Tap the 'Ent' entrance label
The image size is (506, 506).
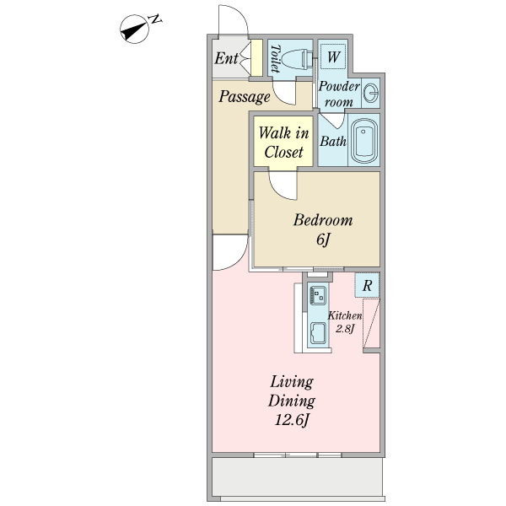coord(226,58)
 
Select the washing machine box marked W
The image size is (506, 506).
coord(333,57)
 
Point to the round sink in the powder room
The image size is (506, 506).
coord(371,93)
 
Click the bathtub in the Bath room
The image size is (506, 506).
coord(364,141)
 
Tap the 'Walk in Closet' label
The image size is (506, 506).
coord(283,143)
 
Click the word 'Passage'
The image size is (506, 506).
coord(245,96)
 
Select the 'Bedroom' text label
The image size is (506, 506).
coord(323,220)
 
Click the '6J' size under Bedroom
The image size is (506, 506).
coord(323,240)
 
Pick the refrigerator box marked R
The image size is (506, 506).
coord(367,285)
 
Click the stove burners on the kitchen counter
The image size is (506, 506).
coord(318,294)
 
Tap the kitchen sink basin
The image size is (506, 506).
coord(319,333)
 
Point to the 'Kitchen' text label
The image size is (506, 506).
coord(345,315)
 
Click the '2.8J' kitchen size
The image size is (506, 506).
coord(345,329)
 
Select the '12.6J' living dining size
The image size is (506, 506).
coord(292,421)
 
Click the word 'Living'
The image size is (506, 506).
coord(292,382)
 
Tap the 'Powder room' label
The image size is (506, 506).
coord(339,94)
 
